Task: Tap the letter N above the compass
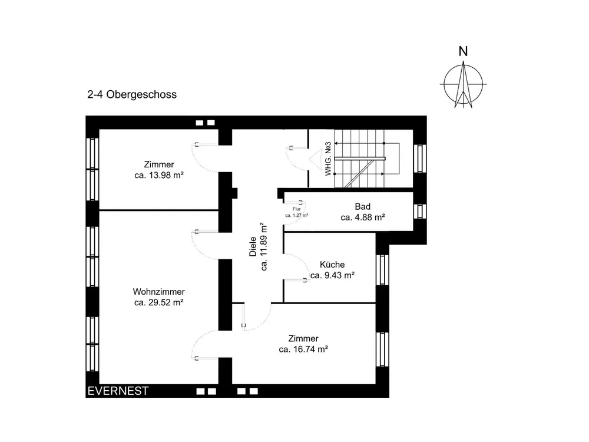coord(464,51)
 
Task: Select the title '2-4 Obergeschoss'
coord(131,94)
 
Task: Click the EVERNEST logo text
coord(118,391)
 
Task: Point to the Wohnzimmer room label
coord(159,292)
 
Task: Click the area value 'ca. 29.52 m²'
coord(159,302)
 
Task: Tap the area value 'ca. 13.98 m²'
coord(159,175)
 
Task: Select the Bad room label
coord(363,207)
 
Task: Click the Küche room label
coord(332,265)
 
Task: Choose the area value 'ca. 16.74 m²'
coord(303,349)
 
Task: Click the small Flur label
coord(297,209)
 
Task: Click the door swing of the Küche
coord(297,268)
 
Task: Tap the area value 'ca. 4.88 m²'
coord(363,217)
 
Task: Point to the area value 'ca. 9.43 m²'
coord(332,275)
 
